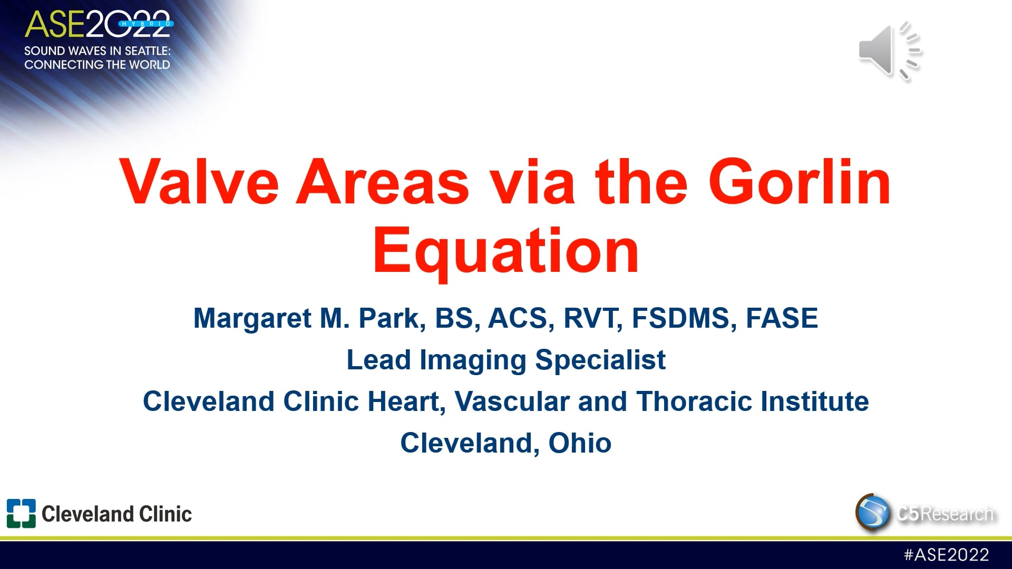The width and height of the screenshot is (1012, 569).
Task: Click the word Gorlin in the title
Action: [799, 182]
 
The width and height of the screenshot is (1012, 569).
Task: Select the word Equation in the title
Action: [506, 252]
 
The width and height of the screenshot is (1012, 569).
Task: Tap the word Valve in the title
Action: [200, 182]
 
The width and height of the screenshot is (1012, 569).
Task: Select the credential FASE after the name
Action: [782, 318]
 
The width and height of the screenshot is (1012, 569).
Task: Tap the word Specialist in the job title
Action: [600, 360]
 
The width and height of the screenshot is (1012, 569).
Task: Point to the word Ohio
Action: [580, 443]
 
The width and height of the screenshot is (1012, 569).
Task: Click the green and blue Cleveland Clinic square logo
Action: [21, 513]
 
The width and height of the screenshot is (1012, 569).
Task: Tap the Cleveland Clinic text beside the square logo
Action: [116, 514]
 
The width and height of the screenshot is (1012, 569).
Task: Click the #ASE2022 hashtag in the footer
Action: [946, 555]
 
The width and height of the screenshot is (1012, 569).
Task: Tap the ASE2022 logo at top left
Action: [98, 24]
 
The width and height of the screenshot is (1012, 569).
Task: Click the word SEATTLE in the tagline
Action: [147, 51]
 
